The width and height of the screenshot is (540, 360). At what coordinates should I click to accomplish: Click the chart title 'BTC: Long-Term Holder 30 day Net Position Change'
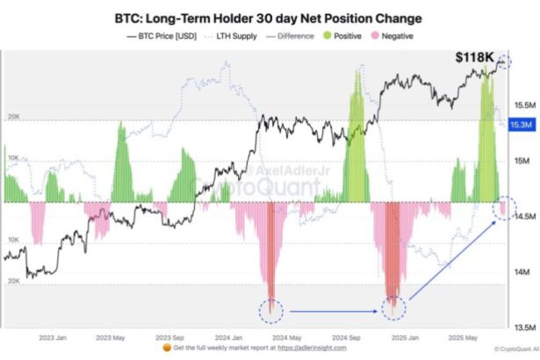tap(268, 18)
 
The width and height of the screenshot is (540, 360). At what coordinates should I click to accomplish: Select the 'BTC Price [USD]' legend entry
tap(162, 36)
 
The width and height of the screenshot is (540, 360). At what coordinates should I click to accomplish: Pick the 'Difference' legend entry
tap(287, 36)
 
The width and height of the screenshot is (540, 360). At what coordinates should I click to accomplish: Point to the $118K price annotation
tap(473, 58)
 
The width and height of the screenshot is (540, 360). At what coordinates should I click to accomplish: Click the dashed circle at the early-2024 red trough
tap(272, 309)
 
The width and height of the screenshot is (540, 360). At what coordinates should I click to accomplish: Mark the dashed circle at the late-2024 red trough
tap(395, 307)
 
